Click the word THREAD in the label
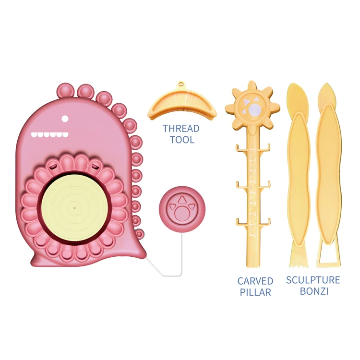click(x=181, y=129)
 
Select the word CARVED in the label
click(x=255, y=281)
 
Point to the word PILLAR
click(x=255, y=292)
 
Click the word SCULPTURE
click(x=313, y=280)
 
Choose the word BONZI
click(x=313, y=291)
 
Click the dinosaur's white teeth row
click(x=48, y=135)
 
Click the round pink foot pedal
click(x=182, y=209)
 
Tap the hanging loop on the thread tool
click(x=181, y=84)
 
